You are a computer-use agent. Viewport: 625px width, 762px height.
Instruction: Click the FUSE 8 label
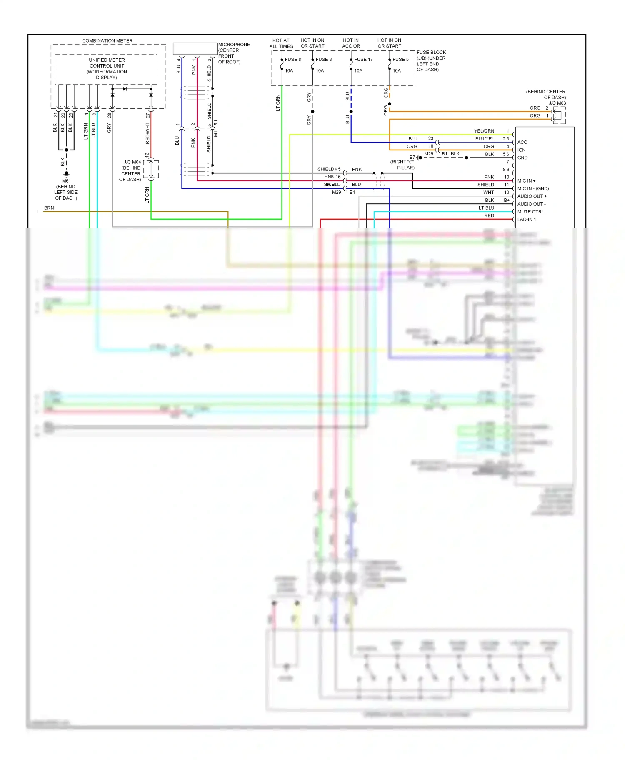292,59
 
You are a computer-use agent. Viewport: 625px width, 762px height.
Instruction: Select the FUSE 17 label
363,59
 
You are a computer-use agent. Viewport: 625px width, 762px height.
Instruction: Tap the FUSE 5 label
400,59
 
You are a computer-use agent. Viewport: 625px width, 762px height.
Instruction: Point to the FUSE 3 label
324,59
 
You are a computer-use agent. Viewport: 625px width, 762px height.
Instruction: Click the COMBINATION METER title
107,40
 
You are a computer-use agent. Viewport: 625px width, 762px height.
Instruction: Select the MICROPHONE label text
234,45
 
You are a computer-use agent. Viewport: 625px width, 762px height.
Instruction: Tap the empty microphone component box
195,48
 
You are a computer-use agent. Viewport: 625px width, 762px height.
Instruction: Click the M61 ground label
66,181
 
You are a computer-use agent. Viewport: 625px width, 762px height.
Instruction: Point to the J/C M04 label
132,162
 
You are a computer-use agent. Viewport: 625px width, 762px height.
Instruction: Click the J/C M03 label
557,103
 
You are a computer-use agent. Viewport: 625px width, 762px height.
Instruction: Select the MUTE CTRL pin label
530,211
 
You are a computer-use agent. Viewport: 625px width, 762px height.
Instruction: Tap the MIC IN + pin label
526,180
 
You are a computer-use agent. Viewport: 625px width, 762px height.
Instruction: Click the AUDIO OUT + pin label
532,196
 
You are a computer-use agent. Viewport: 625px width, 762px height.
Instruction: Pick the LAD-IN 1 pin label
526,219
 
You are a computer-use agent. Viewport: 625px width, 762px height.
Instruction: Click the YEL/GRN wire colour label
484,131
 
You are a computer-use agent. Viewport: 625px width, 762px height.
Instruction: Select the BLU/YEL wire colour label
484,139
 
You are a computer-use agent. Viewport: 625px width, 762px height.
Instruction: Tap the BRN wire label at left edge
49,208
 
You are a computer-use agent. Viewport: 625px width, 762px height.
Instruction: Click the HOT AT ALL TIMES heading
281,43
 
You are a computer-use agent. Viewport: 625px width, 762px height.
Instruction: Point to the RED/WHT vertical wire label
147,133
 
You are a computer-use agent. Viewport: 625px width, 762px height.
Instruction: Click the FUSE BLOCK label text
431,53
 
